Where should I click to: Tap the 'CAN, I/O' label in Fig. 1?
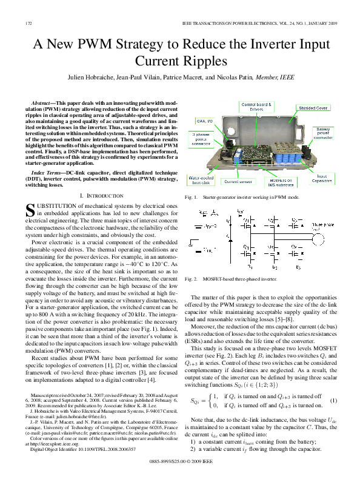coord(205,122)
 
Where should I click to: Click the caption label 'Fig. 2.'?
coord(192,279)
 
